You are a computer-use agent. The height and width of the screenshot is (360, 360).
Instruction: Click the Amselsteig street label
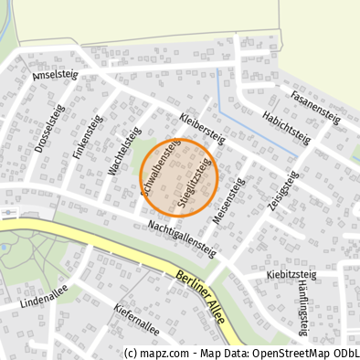click(x=56, y=76)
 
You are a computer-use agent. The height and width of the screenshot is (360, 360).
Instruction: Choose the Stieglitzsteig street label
click(x=196, y=185)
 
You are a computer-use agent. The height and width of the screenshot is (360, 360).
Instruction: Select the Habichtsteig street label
click(x=286, y=128)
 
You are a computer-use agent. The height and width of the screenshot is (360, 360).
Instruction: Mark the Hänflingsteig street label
click(x=303, y=310)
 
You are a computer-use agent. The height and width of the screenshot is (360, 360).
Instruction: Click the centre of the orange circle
click(x=179, y=177)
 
